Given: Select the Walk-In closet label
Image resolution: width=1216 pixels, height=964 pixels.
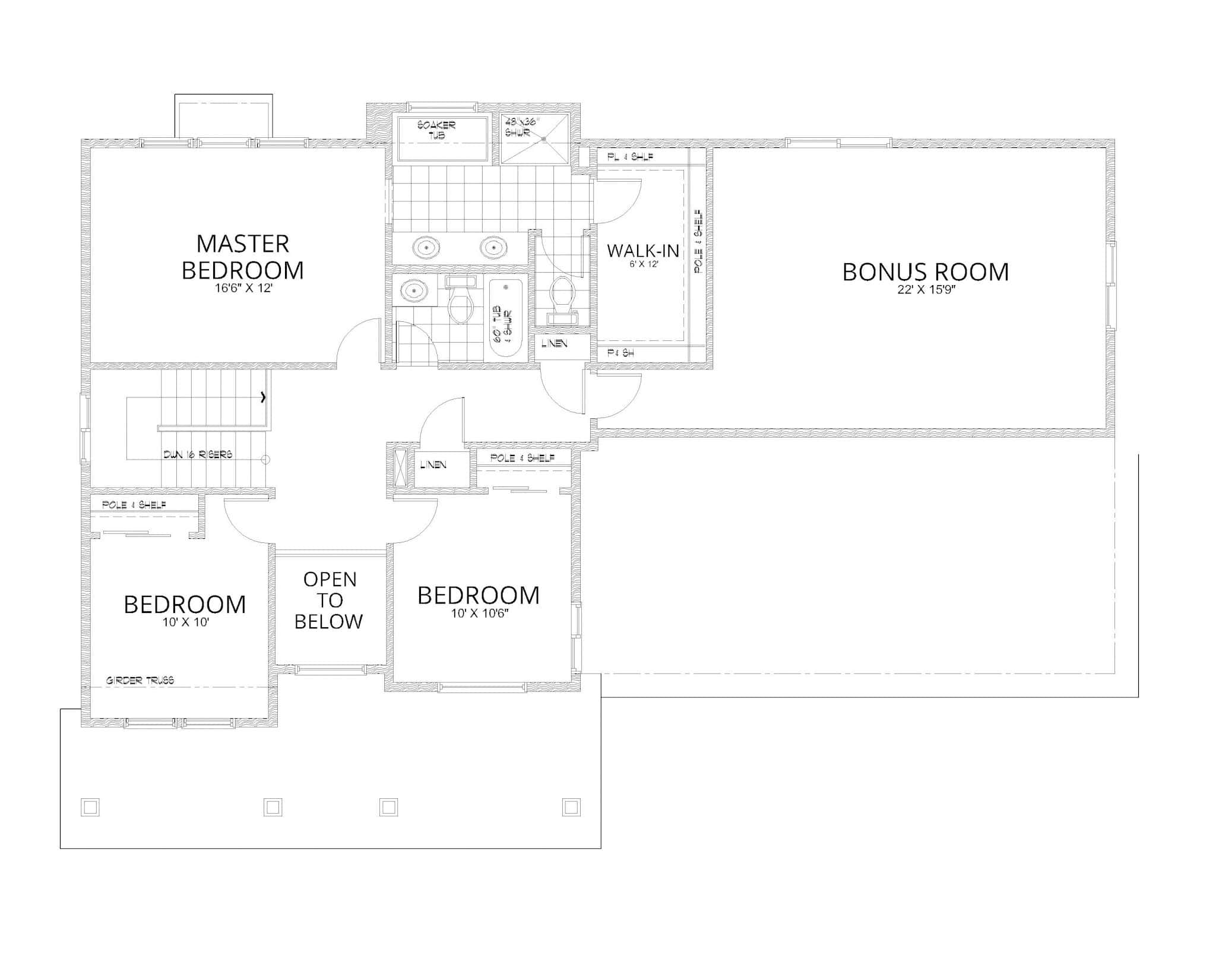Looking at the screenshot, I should click(x=643, y=251).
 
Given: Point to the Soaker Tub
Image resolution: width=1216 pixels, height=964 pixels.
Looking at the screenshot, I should click(x=442, y=139).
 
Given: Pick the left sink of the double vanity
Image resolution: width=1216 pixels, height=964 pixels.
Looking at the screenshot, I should click(x=426, y=247).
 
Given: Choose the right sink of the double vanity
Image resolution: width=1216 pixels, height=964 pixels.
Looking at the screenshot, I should click(x=492, y=247).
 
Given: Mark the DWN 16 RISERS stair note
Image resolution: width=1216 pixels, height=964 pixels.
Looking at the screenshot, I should click(x=198, y=455).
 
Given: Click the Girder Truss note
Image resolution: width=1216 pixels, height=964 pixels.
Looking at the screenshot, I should click(x=140, y=681).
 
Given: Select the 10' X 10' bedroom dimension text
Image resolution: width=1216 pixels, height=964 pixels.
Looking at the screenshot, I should click(x=186, y=622).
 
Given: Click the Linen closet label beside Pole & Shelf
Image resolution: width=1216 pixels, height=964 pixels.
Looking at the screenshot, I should click(x=433, y=464).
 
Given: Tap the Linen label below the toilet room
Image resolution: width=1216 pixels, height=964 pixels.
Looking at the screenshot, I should click(x=554, y=344).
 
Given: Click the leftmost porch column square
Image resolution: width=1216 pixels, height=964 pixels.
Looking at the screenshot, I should click(x=90, y=807).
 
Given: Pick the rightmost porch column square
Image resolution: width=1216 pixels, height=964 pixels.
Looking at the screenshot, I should click(x=571, y=807).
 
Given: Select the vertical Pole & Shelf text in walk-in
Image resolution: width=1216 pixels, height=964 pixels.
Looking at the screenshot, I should click(x=698, y=241).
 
